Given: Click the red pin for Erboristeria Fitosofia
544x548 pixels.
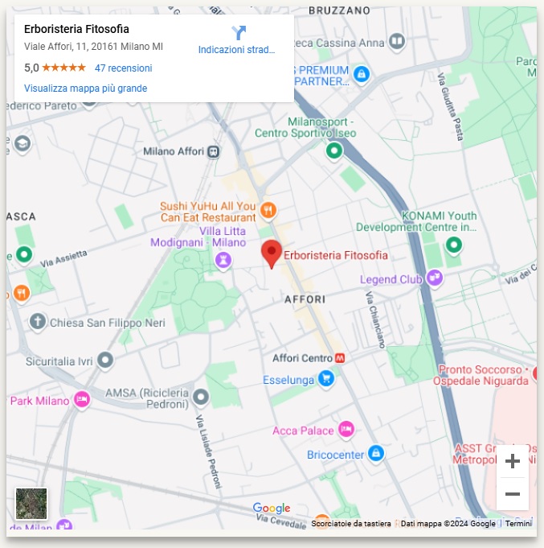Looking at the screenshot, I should [x=272, y=253].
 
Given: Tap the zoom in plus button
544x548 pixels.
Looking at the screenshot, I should [x=512, y=461].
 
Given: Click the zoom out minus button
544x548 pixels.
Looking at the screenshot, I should [x=512, y=493].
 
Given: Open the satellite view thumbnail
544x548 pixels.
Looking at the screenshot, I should [x=31, y=504].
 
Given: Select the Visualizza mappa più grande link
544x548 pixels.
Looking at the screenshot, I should [x=85, y=89].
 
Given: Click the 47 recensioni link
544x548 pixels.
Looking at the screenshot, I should [x=123, y=68].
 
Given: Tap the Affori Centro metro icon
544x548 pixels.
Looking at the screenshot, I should [x=342, y=358].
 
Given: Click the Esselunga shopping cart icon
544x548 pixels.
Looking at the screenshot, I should [x=325, y=378].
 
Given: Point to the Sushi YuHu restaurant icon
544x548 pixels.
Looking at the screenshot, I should [x=268, y=210].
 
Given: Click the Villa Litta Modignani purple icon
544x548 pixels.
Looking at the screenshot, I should [x=223, y=259].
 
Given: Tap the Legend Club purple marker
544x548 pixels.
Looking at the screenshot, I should [x=435, y=278].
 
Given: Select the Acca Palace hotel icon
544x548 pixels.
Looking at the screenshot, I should [x=346, y=430].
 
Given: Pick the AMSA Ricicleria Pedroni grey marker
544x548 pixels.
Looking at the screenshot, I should [x=201, y=397].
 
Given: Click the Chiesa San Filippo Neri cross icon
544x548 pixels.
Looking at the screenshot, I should [x=37, y=323].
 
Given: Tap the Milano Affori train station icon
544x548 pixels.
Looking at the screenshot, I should [x=213, y=151].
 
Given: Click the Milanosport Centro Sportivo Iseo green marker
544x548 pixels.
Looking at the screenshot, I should [x=333, y=150].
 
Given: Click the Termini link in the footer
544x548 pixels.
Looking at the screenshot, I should [x=518, y=524].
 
